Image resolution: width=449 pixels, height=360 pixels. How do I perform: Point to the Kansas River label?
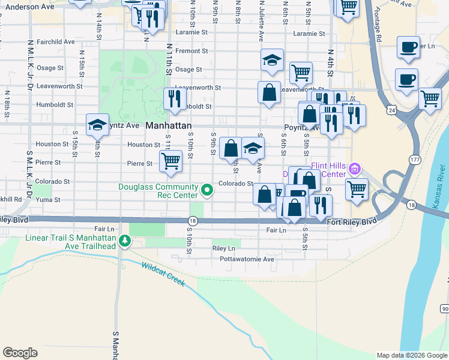(x=442, y=192)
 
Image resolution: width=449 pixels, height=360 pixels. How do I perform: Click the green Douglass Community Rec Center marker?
(x=208, y=191)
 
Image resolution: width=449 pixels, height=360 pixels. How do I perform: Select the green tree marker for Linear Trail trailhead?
(x=125, y=241)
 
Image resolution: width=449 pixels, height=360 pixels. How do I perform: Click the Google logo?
(x=20, y=353)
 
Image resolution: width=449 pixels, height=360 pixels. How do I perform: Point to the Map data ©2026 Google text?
(x=411, y=355)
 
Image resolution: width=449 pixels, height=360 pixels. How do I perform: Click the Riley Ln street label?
(x=223, y=248)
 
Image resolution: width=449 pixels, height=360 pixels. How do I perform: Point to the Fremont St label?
(x=191, y=51)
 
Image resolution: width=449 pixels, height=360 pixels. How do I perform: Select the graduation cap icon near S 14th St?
(x=97, y=125)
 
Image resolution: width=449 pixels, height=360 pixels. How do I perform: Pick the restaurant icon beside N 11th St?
(x=175, y=98)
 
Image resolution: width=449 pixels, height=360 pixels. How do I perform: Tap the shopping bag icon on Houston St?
(x=231, y=148)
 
